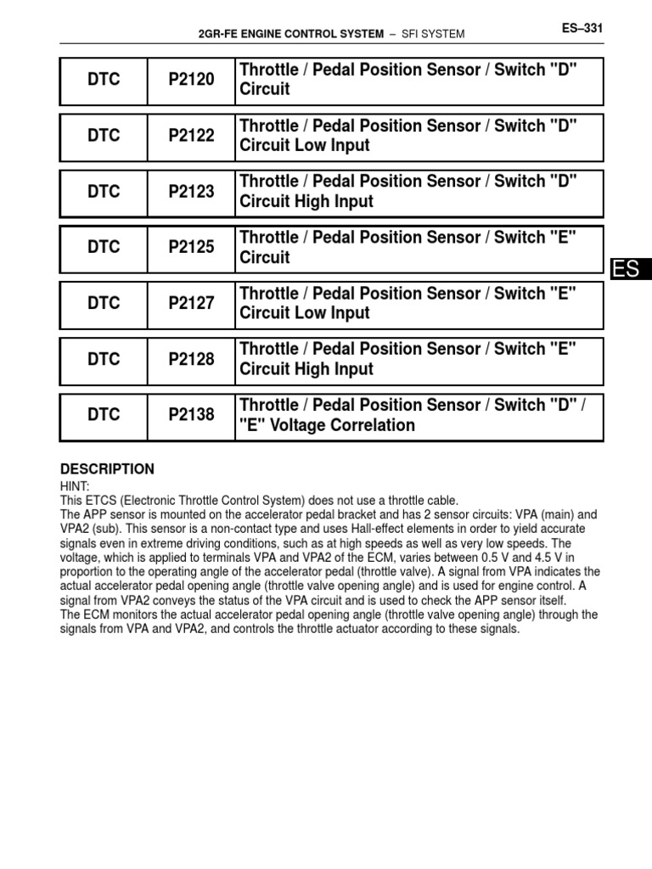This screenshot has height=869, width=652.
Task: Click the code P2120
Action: click(191, 80)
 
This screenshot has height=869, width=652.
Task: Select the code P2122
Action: click(191, 136)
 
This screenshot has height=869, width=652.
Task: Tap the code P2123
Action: click(191, 192)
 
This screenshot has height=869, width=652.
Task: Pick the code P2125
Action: click(191, 248)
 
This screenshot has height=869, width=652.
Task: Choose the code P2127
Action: click(191, 304)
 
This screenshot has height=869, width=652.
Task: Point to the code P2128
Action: click(191, 360)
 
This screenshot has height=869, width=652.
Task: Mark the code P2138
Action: click(191, 416)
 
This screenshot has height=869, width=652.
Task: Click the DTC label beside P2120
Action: click(104, 80)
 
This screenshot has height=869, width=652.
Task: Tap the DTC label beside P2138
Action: click(104, 416)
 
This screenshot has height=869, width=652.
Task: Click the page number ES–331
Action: click(582, 28)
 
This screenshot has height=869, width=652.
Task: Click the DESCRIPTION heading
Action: click(107, 469)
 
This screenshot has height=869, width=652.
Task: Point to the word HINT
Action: click(75, 487)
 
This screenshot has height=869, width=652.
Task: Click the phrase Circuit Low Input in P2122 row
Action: click(305, 145)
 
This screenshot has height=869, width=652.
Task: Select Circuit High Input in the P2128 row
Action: click(306, 369)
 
